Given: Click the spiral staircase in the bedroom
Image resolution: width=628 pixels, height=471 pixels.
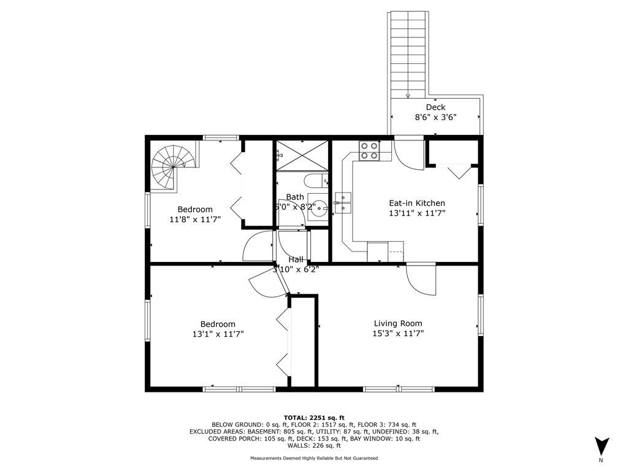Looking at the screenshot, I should tap(173, 166).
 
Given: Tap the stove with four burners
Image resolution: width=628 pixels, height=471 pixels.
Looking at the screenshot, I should tap(369, 151).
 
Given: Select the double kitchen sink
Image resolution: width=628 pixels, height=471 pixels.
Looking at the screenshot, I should tap(342, 203).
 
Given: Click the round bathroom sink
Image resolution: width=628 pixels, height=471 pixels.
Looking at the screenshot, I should tap(318, 207).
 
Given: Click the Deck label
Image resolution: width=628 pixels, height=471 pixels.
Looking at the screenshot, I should tap(435, 107).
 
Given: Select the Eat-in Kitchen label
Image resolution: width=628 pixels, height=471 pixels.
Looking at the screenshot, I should tap(417, 203).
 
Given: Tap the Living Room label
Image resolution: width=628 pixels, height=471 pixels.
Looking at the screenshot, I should tap(398, 323).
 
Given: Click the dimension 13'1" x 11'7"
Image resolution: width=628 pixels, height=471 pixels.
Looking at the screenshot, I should tap(218, 334).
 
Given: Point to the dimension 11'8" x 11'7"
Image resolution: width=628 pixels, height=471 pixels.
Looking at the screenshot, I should tap(195, 219).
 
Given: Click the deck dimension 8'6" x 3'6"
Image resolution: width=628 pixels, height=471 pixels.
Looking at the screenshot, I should tap(435, 117).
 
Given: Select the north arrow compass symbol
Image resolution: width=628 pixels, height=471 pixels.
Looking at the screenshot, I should tap(602, 445).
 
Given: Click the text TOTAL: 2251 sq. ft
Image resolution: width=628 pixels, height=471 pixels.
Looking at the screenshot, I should tap(313, 417).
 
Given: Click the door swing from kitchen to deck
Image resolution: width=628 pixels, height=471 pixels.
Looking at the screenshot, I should tap(408, 155).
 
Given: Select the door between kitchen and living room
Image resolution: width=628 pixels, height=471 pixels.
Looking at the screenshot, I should tap(421, 280).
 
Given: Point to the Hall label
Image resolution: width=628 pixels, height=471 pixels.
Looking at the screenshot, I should tap(296, 259).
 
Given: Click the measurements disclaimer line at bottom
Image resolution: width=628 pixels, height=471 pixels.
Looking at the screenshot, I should tap(313, 458).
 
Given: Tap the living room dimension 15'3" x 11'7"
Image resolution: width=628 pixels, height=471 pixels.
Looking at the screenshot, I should tap(398, 334).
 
